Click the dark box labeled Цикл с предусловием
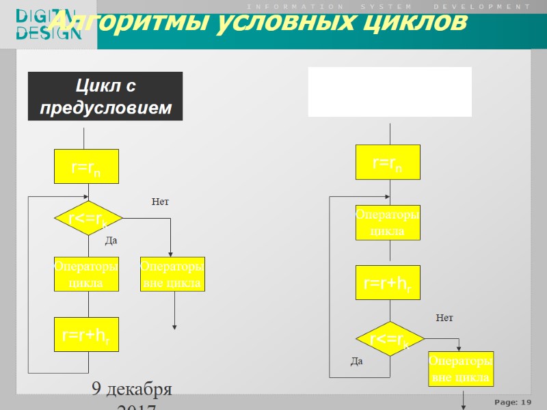pyautogui.click(x=105, y=96)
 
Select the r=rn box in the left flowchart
pyautogui.click(x=87, y=167)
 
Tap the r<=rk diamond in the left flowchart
pyautogui.click(x=88, y=219)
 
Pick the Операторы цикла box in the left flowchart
pyautogui.click(x=87, y=274)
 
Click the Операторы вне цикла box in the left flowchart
pyautogui.click(x=172, y=274)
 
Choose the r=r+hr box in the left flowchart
pyautogui.click(x=87, y=335)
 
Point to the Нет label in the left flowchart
pyautogui.click(x=160, y=202)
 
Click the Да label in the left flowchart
pyautogui.click(x=111, y=241)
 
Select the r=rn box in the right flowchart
pyautogui.click(x=388, y=163)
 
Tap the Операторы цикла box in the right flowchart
pyautogui.click(x=388, y=223)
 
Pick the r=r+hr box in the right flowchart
pyautogui.click(x=388, y=282)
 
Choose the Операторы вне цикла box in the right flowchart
pyautogui.click(x=461, y=369)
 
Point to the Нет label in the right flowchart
pyautogui.click(x=444, y=318)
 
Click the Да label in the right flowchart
pyautogui.click(x=356, y=361)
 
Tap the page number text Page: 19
pyautogui.click(x=513, y=401)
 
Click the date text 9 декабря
pyautogui.click(x=132, y=390)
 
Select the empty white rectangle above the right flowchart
pyautogui.click(x=390, y=92)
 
